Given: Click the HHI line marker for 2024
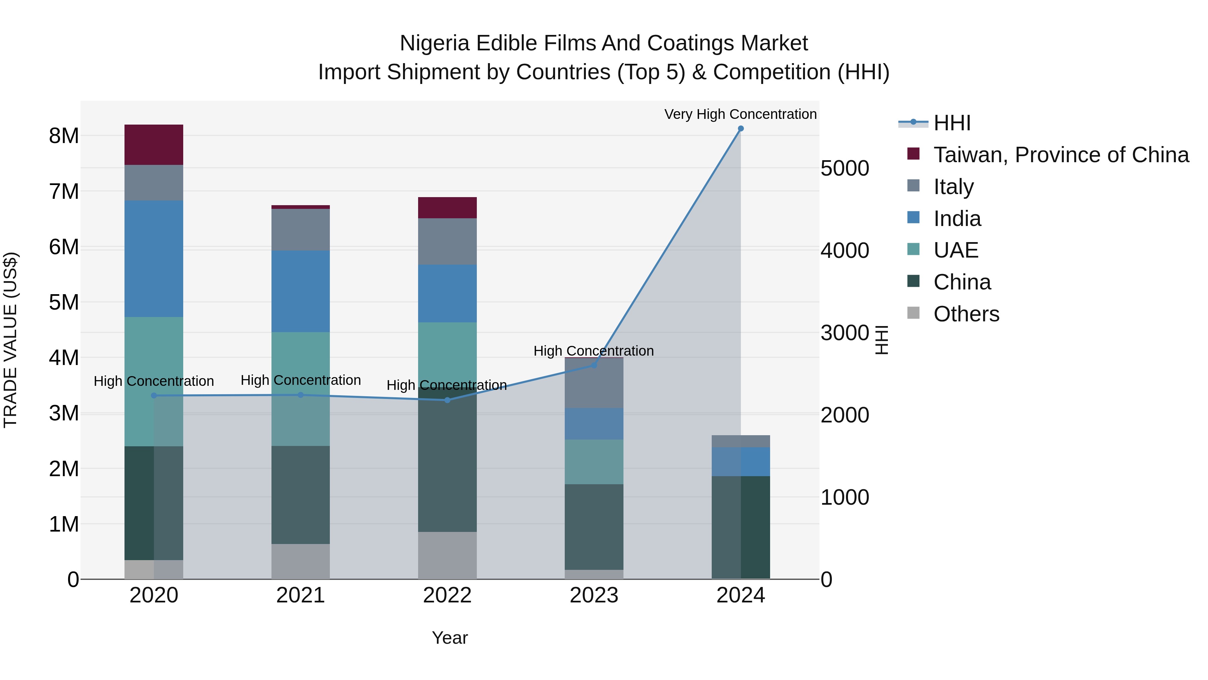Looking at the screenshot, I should point(741,129).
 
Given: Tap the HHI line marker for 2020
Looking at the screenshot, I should point(154,396).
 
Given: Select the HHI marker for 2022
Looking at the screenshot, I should point(447,400).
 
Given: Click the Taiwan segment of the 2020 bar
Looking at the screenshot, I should point(154,144).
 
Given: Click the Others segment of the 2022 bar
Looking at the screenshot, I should point(447,555).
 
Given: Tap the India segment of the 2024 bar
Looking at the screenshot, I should point(741,462).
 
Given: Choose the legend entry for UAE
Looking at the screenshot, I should point(955,250).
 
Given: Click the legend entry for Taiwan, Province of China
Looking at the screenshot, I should point(1061,155).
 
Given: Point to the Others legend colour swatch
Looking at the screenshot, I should point(913,313).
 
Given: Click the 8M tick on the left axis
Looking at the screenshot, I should point(64,136).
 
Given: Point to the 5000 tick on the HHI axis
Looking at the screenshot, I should point(845,169).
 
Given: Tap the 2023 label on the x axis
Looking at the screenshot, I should point(594,595).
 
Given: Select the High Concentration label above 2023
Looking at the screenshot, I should point(593,351).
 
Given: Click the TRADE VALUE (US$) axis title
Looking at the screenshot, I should point(10,340).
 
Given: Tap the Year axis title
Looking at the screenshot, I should point(449,638).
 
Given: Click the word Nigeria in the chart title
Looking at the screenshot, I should point(434,43).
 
